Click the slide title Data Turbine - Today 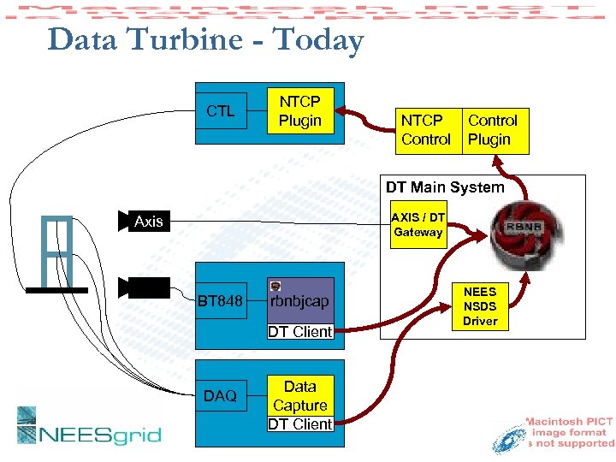205,40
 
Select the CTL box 221,111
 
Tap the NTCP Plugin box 299,112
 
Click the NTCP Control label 425,130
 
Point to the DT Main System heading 445,187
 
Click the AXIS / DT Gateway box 418,225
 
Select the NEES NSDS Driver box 480,306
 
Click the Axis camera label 148,222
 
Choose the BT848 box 221,301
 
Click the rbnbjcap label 299,301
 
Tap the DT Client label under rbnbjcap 299,332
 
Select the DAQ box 221,396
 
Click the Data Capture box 299,396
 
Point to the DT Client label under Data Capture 299,423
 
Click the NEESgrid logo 89,427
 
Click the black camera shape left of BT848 138,288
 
